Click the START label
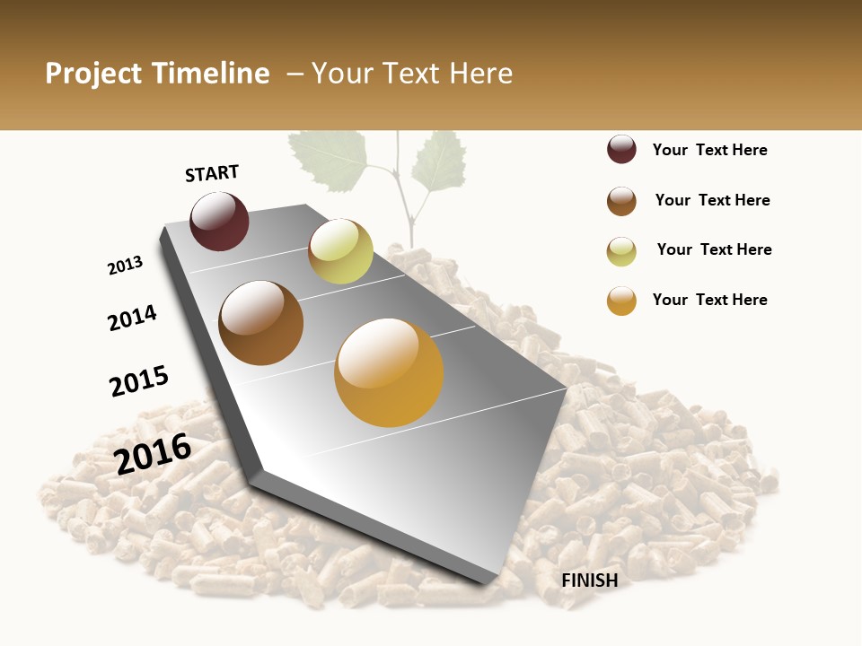click(x=212, y=173)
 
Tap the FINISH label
click(x=590, y=581)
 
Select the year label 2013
click(x=126, y=266)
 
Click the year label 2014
click(x=133, y=318)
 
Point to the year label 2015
click(x=139, y=381)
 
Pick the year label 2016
click(x=154, y=453)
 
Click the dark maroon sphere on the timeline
click(x=219, y=222)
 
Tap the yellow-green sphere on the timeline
click(x=340, y=251)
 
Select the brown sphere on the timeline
click(x=260, y=323)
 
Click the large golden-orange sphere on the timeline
click(x=389, y=371)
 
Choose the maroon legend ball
click(x=621, y=150)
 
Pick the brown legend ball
click(x=621, y=201)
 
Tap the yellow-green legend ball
click(x=621, y=251)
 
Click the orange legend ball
click(x=621, y=301)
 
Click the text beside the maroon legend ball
click(x=710, y=150)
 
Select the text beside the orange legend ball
click(x=710, y=300)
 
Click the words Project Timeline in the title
click(x=157, y=74)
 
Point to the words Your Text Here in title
click(x=412, y=74)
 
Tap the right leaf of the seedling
click(x=440, y=161)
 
